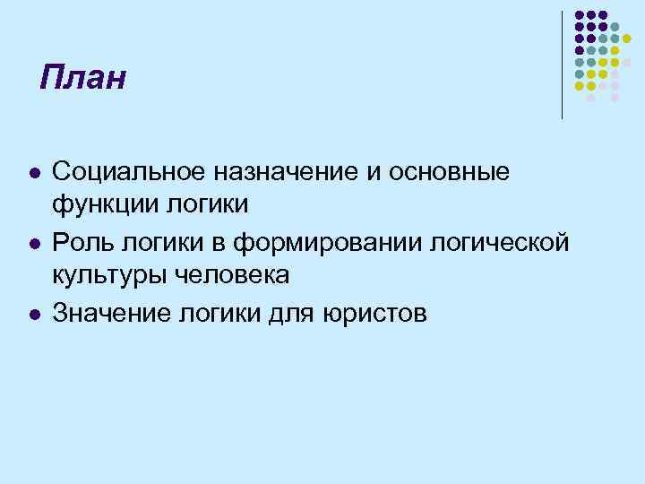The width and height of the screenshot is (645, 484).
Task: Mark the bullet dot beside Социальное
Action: pos(32,171)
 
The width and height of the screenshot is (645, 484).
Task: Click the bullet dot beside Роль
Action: pos(32,242)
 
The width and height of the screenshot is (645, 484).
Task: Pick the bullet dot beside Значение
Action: pos(32,313)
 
